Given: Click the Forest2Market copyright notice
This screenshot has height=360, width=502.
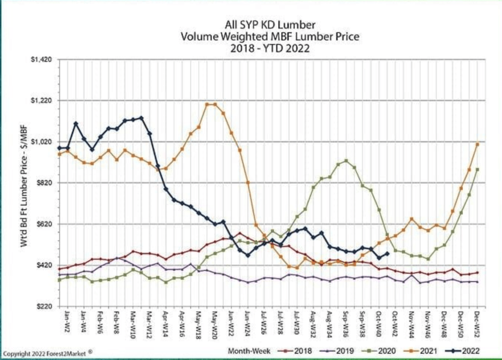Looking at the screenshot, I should click(x=48, y=352).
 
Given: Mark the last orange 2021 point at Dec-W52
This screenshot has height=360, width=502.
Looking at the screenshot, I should click(x=477, y=144).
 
